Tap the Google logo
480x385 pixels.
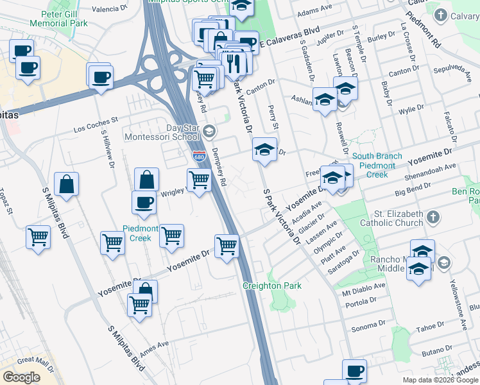(22, 377)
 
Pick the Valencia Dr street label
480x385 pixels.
(109, 9)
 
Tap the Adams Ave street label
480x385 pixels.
(314, 12)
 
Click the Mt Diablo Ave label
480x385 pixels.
(364, 289)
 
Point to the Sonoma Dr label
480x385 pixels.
(368, 327)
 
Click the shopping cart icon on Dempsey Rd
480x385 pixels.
(199, 180)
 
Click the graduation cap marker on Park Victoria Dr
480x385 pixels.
(264, 150)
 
